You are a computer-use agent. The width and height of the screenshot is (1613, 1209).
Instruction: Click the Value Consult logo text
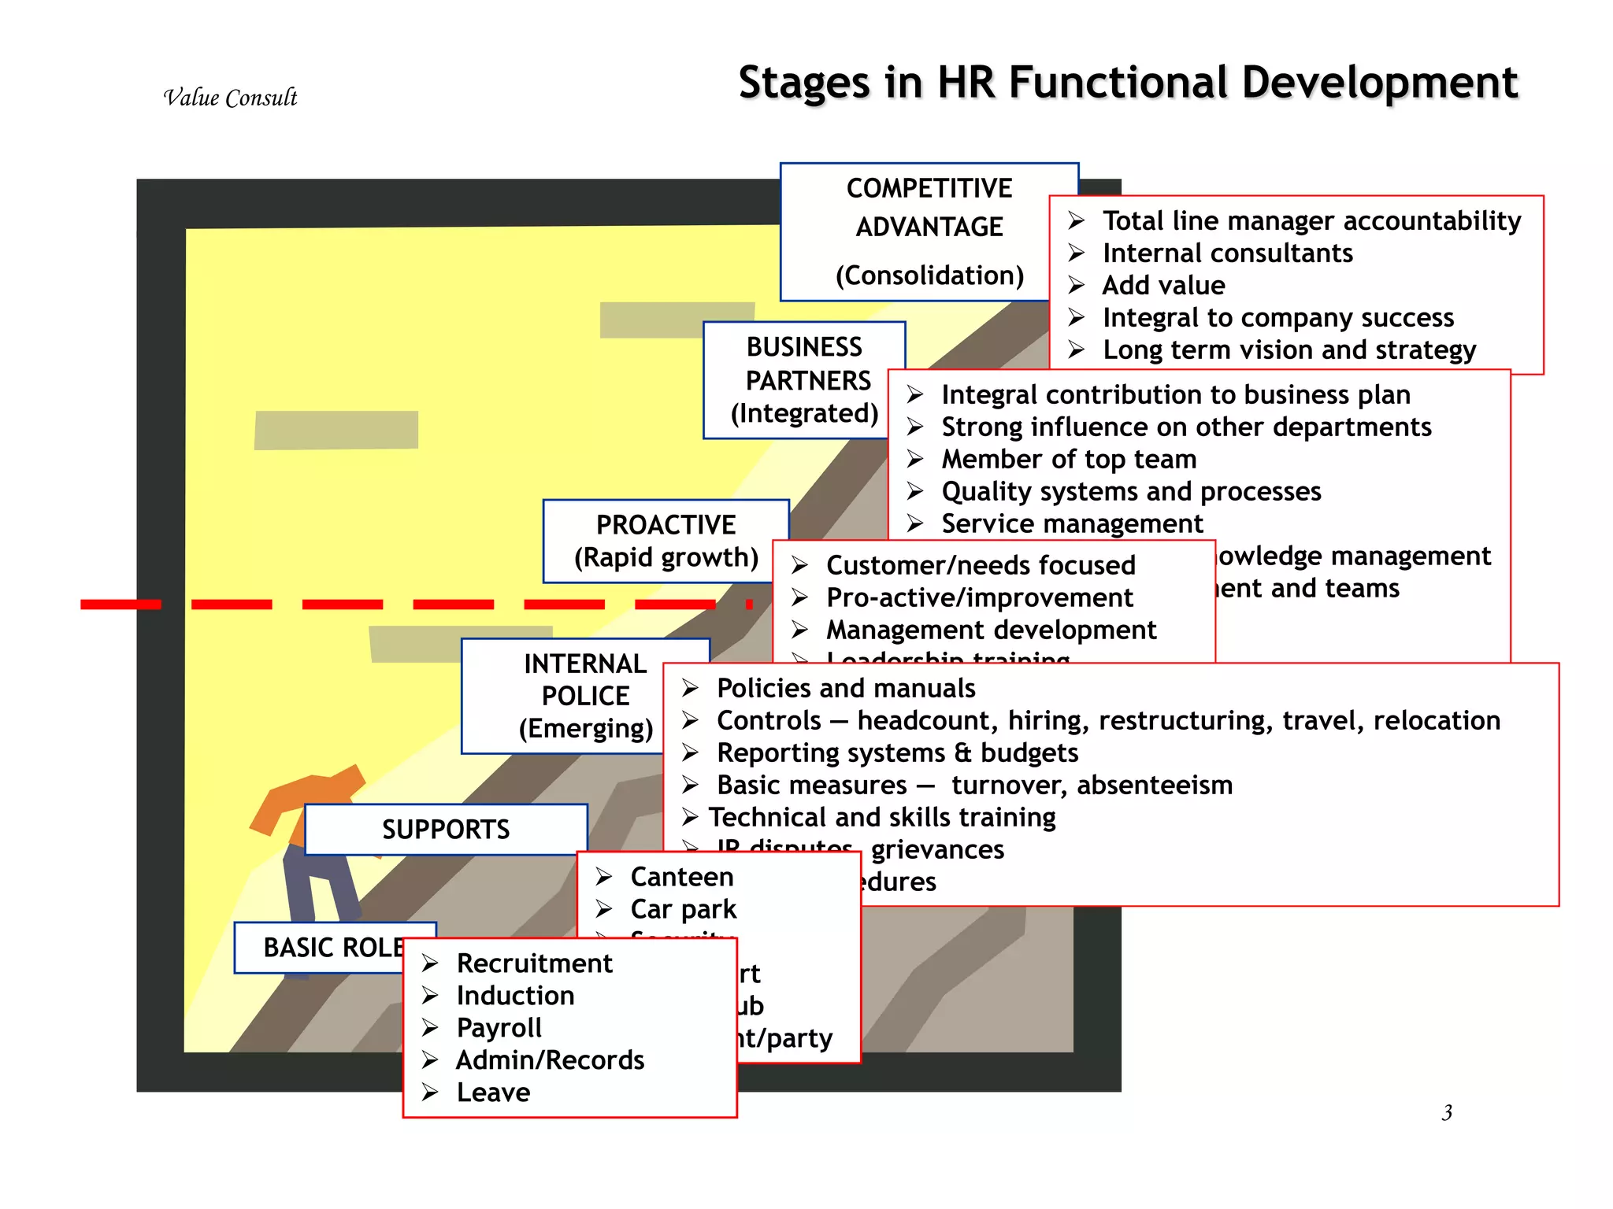point(230,98)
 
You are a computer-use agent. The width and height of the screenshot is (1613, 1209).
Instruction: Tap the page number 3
point(1447,1112)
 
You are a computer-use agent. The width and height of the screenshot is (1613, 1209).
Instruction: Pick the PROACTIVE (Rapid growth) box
point(666,542)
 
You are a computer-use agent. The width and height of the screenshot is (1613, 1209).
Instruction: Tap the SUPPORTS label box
point(446,830)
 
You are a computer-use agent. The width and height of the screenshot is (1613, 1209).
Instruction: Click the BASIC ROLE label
point(331,948)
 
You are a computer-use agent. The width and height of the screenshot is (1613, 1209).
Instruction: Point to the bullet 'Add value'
point(1162,285)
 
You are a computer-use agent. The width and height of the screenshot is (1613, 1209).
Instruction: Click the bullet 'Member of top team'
point(1068,459)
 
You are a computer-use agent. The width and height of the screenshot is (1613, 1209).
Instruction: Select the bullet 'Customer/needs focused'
point(980,565)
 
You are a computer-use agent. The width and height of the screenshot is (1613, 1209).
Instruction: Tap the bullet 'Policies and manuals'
point(845,688)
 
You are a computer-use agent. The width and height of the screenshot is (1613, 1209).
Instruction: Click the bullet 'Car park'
point(683,909)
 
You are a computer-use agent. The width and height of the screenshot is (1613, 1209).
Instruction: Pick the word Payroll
point(499,1028)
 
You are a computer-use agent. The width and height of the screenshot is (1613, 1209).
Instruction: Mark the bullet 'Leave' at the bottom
point(493,1093)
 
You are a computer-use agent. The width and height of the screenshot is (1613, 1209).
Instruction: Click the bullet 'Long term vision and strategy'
point(1289,349)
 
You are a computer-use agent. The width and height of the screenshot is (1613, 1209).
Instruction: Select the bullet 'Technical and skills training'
point(881,817)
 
